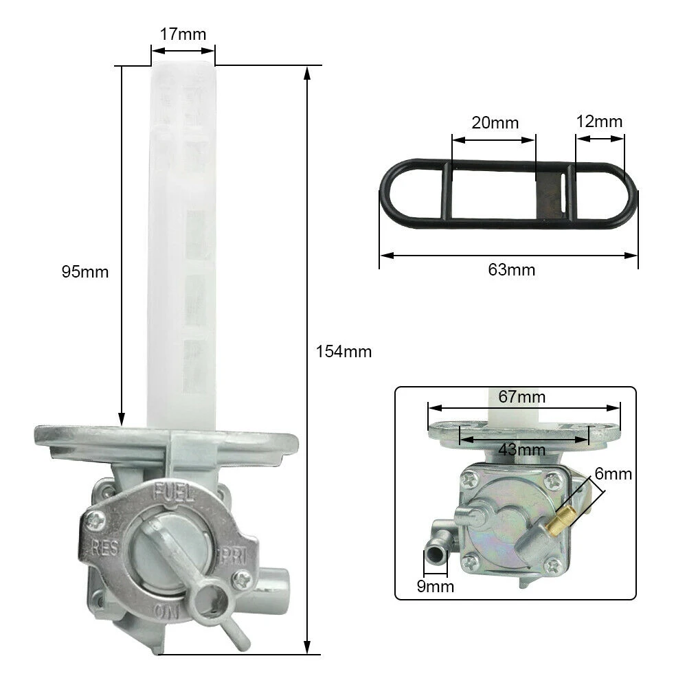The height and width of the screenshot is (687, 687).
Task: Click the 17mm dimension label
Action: click(183, 33)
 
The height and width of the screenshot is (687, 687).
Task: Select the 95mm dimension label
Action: click(85, 271)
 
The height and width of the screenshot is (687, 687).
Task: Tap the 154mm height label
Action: click(343, 352)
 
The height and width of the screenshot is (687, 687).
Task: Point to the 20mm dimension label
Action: click(495, 123)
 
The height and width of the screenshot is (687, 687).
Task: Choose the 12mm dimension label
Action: click(599, 122)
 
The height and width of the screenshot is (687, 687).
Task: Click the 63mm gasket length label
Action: click(511, 270)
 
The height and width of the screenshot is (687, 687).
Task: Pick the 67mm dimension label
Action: click(522, 397)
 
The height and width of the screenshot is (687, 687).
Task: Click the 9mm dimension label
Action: click(436, 586)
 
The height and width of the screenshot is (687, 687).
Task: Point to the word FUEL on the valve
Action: click(174, 493)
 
